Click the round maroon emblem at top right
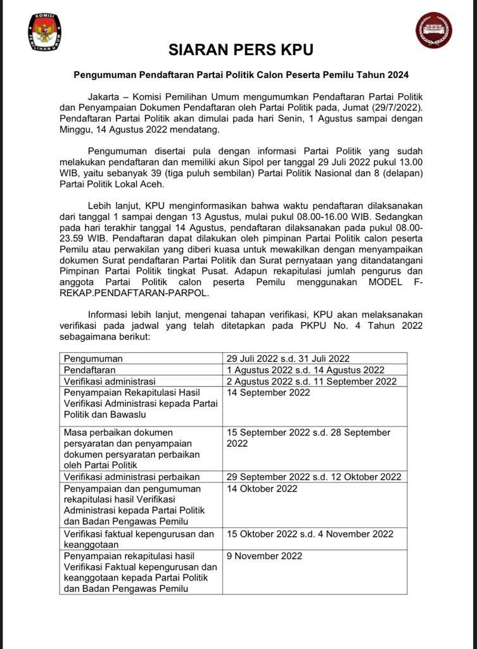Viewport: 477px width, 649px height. (x=433, y=30)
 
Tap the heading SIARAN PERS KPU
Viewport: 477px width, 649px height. (x=241, y=50)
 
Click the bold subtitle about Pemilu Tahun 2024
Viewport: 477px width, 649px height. (x=241, y=75)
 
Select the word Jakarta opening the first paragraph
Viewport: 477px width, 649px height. (x=104, y=96)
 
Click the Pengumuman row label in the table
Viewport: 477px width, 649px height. (x=93, y=359)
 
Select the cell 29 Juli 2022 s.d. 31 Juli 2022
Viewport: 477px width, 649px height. (x=288, y=359)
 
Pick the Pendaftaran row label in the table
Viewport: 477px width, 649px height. (x=90, y=370)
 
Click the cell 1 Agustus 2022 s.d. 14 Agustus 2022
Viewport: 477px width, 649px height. (x=305, y=370)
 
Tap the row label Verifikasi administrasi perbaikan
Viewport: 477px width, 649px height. (x=132, y=477)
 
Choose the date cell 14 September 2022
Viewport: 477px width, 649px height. (x=269, y=392)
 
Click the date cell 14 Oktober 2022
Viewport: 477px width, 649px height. (x=262, y=489)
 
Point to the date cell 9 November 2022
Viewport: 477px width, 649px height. (x=265, y=556)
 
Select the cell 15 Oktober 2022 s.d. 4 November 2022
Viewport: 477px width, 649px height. (x=310, y=534)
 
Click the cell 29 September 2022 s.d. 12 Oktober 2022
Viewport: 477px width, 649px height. (x=314, y=477)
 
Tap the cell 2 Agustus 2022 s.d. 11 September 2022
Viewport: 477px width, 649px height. (x=312, y=382)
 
